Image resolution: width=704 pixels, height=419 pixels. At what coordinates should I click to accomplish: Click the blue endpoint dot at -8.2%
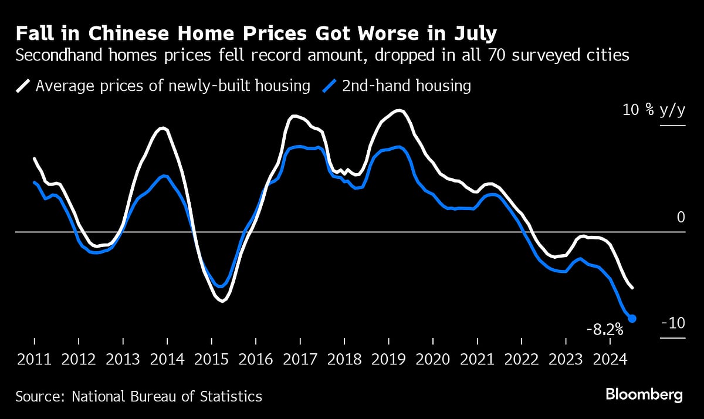[x=632, y=318]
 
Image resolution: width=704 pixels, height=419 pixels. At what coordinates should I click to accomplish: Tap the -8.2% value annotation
[x=604, y=330]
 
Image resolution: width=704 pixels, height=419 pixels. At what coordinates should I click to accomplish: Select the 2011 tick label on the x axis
[x=34, y=359]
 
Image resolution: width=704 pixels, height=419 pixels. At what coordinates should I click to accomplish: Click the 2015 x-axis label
[x=211, y=359]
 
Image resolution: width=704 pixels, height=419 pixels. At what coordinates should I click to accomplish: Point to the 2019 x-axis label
[x=388, y=359]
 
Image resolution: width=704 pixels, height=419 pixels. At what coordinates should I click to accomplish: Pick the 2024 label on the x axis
[x=610, y=359]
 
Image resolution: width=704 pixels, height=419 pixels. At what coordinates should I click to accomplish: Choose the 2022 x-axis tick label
[x=522, y=359]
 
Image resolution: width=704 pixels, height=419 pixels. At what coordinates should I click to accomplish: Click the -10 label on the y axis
[x=672, y=324]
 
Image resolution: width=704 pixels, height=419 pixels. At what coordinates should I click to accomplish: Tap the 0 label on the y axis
[x=681, y=217]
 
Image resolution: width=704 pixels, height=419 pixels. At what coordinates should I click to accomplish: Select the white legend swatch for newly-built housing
[x=22, y=86]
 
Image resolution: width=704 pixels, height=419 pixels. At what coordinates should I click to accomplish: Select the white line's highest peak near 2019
[x=400, y=110]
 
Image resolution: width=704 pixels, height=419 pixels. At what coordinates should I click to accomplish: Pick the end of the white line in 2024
[x=632, y=288]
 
